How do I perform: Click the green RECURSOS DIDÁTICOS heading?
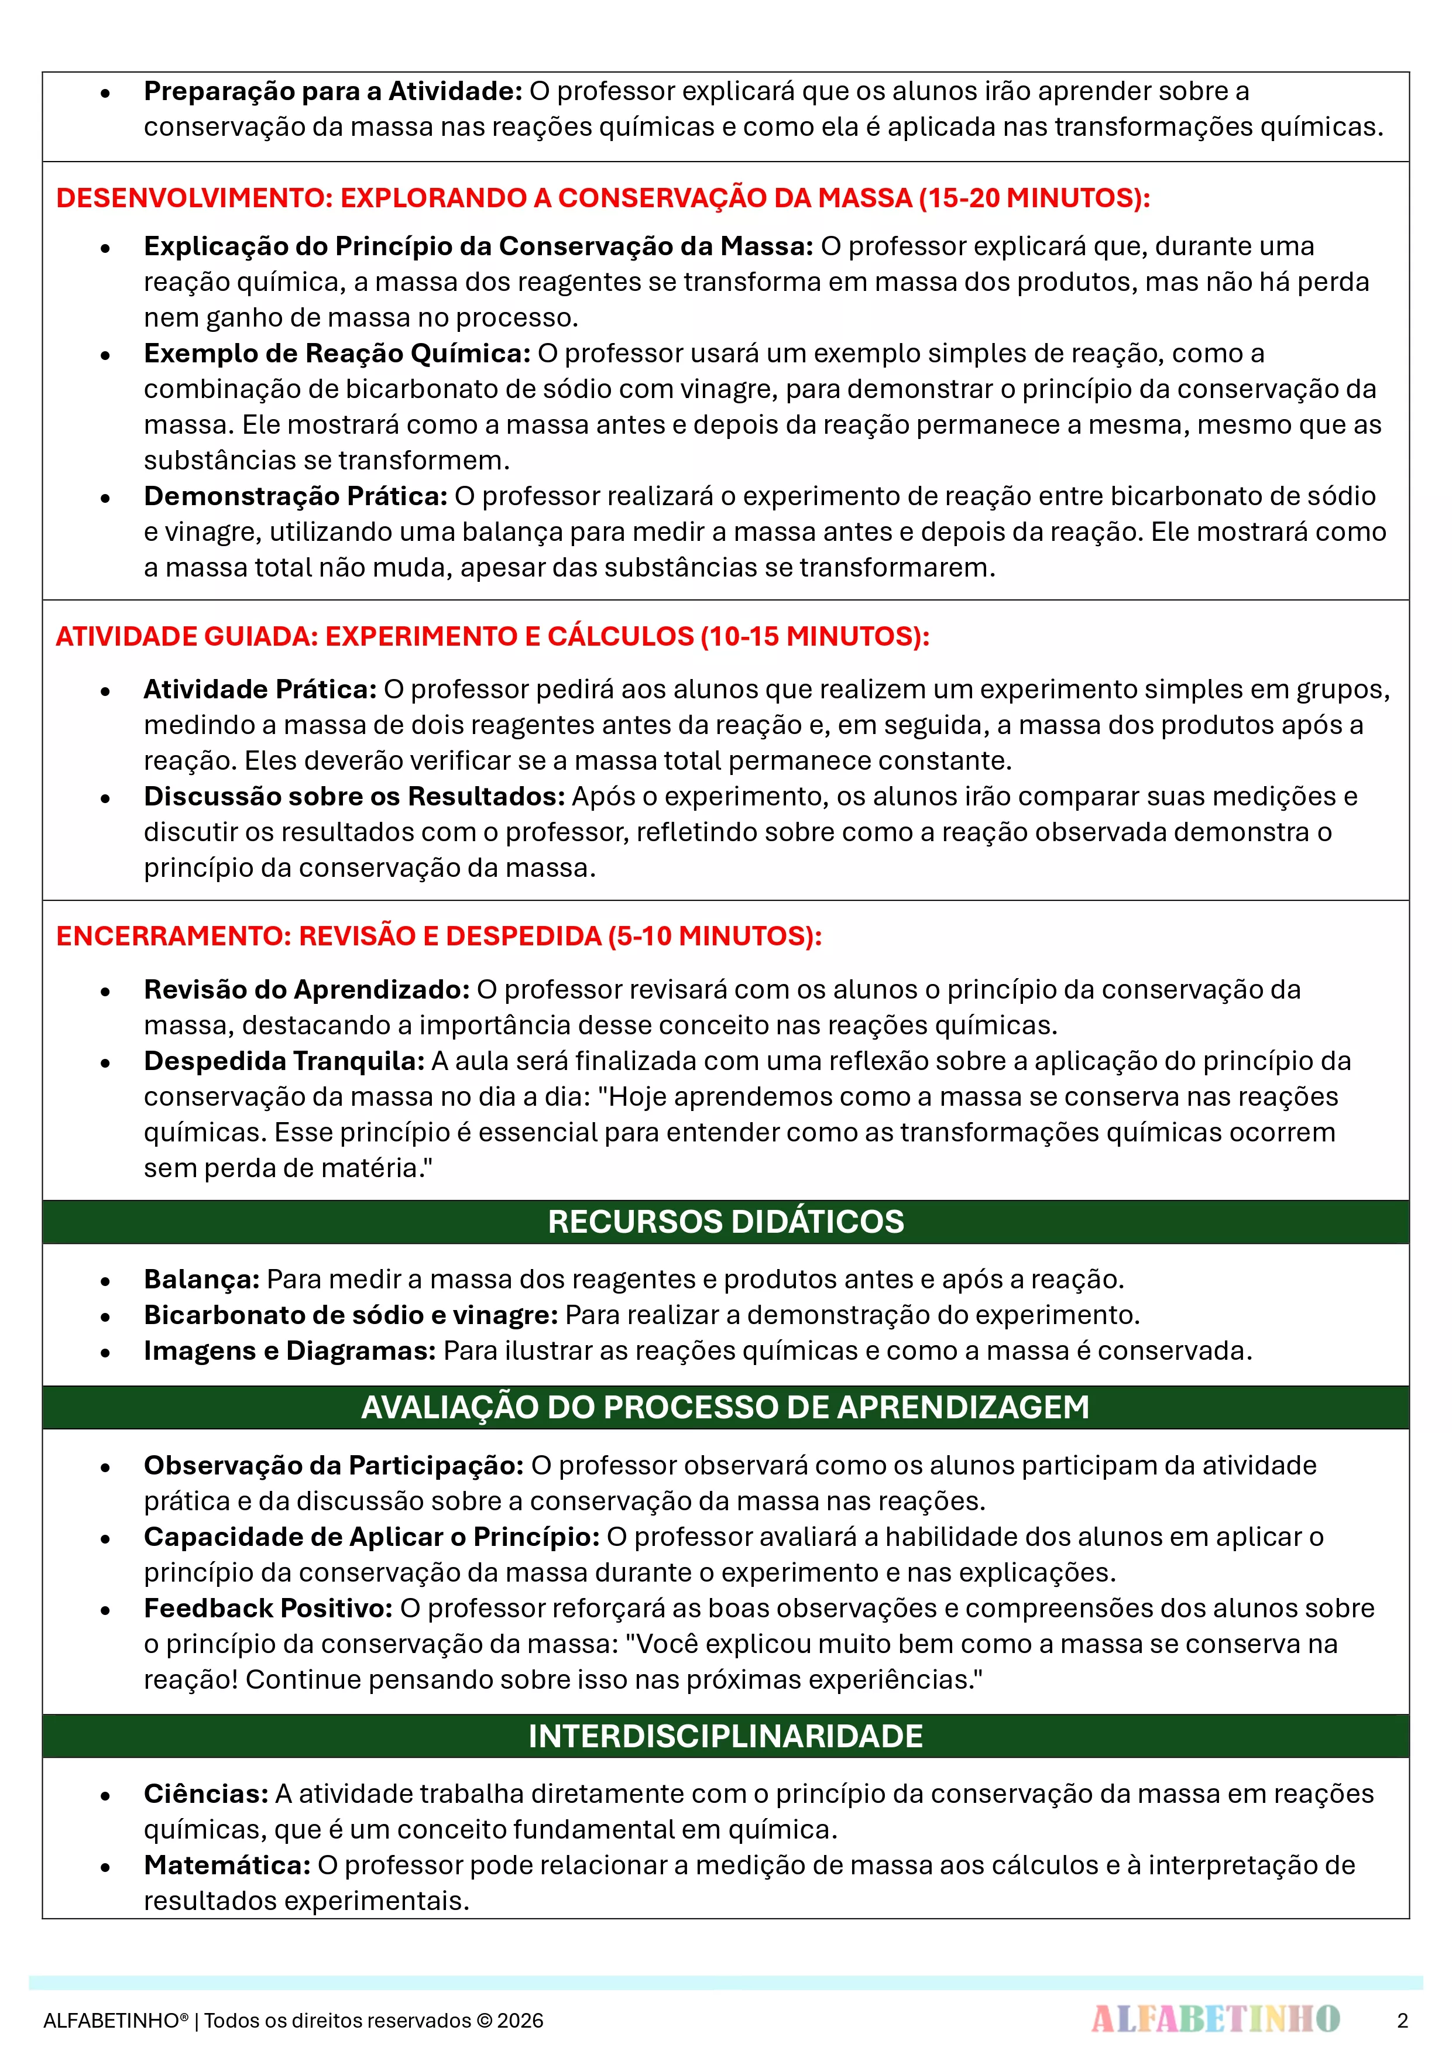pos(726,1222)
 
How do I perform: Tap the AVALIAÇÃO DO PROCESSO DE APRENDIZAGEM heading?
pos(726,1407)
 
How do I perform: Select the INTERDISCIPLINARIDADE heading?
pos(726,1736)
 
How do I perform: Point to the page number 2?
pos(1402,2020)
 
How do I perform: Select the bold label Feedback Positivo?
pos(267,1607)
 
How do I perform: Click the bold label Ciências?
pos(206,1794)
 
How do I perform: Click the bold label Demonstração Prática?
pos(295,496)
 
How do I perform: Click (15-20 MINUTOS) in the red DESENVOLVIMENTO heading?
pos(1034,198)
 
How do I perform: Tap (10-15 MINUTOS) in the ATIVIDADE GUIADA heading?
pos(814,636)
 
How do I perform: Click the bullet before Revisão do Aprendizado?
pos(105,991)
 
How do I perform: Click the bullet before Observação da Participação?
pos(105,1467)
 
